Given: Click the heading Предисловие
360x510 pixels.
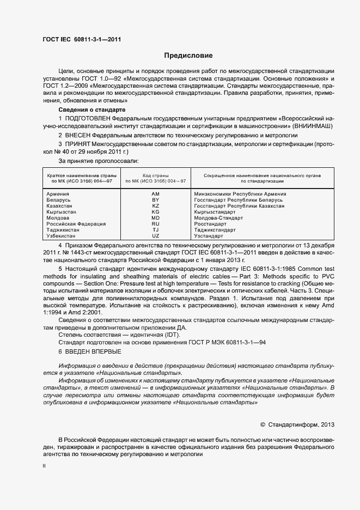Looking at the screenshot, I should pos(189,56).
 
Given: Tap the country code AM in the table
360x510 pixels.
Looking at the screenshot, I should pos(155,194).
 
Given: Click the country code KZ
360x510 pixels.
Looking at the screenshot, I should pos(155,206).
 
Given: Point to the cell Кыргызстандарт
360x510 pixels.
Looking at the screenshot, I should pos(215,212).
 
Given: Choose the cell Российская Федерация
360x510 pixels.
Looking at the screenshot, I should pos(76,224).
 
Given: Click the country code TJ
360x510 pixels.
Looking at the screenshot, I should pos(155,230).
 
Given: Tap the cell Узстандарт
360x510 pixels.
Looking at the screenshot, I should pos(209,236).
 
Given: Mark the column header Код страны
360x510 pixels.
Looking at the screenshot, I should pos(156,175).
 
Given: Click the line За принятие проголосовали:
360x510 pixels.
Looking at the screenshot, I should pos(99,161).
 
